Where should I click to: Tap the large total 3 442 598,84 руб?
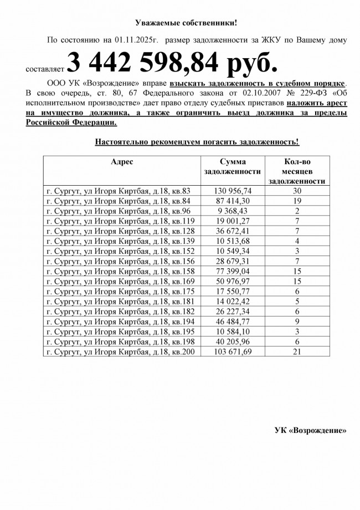171,64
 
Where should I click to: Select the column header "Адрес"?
121,161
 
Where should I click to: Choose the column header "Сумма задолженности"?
232,166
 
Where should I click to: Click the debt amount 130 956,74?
233,190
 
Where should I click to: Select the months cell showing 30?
297,190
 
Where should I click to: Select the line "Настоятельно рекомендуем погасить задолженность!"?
197,142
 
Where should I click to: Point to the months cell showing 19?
297,200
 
